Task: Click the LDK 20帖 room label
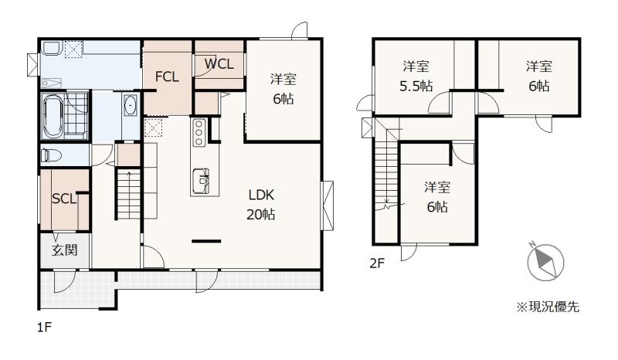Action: (x=261, y=205)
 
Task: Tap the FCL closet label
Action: (x=167, y=76)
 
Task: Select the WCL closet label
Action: (x=219, y=63)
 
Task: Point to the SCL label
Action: (x=64, y=199)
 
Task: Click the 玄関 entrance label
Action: (x=64, y=250)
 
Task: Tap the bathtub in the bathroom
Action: (x=53, y=116)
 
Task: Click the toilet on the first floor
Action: (x=51, y=155)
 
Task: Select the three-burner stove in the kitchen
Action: (x=199, y=132)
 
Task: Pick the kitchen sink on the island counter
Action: (x=201, y=181)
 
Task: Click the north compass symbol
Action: (x=546, y=262)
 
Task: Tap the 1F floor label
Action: (x=45, y=328)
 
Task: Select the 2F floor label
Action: (x=377, y=263)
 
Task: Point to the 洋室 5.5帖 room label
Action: (x=416, y=76)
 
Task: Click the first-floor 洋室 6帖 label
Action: (x=284, y=89)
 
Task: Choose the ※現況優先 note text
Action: (x=548, y=307)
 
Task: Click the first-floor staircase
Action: (x=129, y=193)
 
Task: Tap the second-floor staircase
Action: (x=385, y=174)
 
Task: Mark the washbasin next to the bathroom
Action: (x=130, y=106)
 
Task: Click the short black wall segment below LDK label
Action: (x=206, y=241)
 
